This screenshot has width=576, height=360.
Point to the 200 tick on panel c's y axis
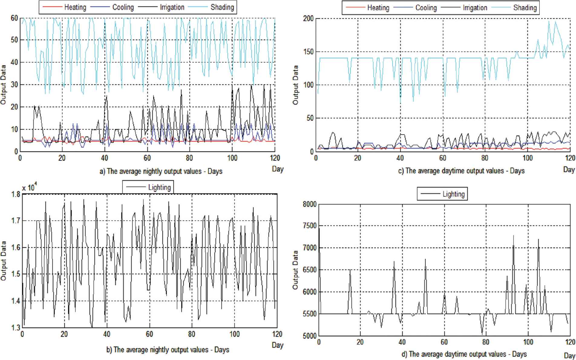308,18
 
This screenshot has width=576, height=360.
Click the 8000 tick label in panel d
309,204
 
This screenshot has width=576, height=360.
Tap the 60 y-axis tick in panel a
14,18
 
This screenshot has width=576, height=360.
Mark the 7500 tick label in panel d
309,226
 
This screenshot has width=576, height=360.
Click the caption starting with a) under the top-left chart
161,171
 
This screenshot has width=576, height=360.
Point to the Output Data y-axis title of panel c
296,85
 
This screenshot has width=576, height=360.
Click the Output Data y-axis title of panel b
4,261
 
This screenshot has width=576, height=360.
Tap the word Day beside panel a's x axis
277,169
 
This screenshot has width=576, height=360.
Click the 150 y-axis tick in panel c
308,52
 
